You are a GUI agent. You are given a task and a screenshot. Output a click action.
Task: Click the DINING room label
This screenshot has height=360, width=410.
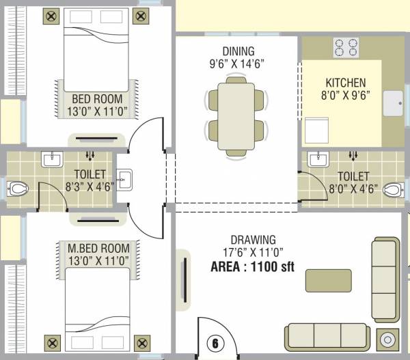click(x=238, y=51)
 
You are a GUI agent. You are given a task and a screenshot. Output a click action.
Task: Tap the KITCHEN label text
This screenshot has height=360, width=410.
click(x=345, y=83)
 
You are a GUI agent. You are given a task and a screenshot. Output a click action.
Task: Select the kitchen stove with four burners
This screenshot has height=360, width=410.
click(x=346, y=47)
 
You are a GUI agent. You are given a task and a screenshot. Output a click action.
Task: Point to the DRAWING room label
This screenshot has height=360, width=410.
click(x=253, y=240)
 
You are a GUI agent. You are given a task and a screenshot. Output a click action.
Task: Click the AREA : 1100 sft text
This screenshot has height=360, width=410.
click(x=252, y=267)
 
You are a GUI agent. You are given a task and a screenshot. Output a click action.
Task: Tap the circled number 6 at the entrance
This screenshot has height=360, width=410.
click(x=215, y=344)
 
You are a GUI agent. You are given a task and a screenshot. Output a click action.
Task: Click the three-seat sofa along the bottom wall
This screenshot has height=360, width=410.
click(x=327, y=336)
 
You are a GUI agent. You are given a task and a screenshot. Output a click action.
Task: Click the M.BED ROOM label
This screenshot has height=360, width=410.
click(x=95, y=247)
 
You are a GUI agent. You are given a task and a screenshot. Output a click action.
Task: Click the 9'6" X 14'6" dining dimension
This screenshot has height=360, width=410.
click(x=238, y=64)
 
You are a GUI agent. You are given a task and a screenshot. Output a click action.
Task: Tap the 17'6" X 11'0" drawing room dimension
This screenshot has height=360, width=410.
click(x=253, y=253)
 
